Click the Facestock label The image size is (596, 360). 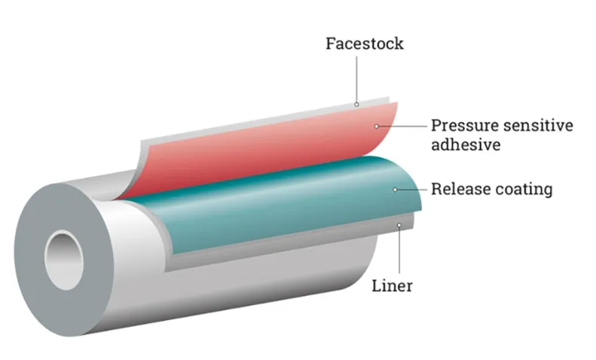point(364,43)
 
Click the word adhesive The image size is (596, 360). point(466,145)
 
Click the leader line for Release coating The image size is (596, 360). point(411,189)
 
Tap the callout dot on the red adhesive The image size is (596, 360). point(380,124)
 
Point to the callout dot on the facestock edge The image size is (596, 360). point(356,104)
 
